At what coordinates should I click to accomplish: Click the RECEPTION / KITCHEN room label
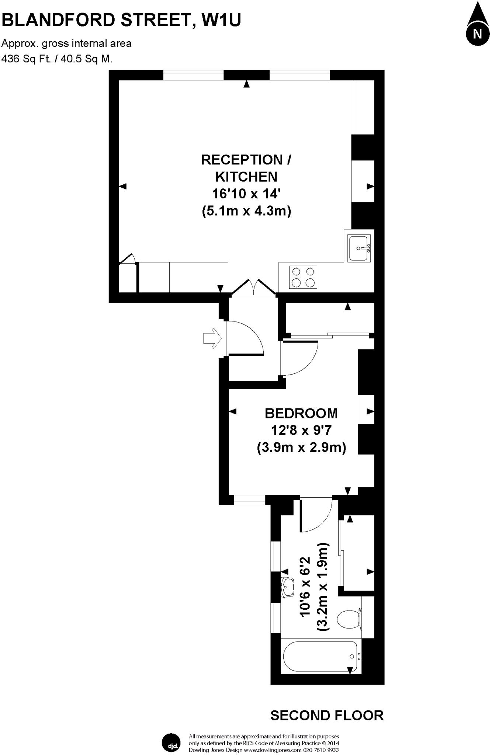pyautogui.click(x=246, y=168)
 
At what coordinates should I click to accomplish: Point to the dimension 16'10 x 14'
pyautogui.click(x=246, y=194)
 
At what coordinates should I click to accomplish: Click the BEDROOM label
pyautogui.click(x=301, y=414)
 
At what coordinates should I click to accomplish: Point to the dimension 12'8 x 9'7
pyautogui.click(x=301, y=430)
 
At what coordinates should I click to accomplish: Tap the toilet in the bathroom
pyautogui.click(x=349, y=620)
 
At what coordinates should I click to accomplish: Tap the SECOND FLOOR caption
pyautogui.click(x=327, y=716)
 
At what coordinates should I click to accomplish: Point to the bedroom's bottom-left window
pyautogui.click(x=250, y=500)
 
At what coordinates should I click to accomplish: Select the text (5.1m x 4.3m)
pyautogui.click(x=246, y=211)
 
